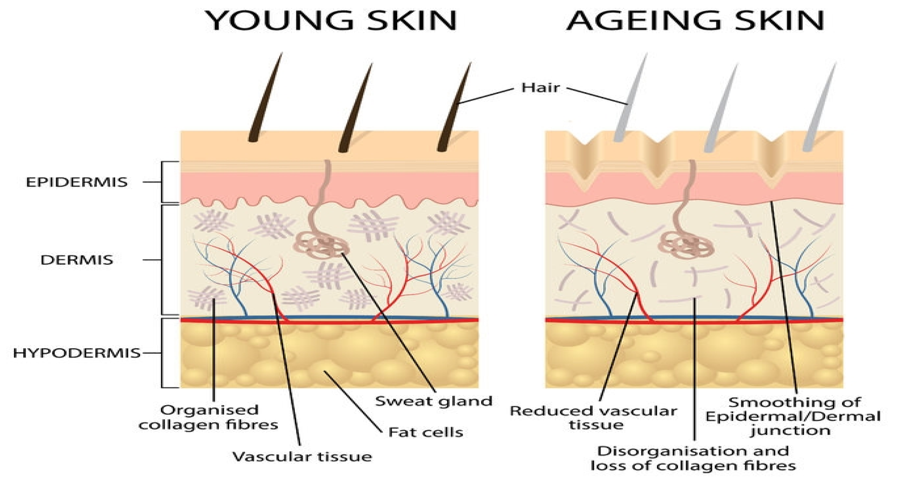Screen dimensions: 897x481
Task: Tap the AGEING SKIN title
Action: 695,21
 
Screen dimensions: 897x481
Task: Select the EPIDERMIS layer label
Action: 77,182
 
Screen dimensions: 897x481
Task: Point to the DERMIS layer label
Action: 77,260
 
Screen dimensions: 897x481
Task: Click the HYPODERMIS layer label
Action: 77,353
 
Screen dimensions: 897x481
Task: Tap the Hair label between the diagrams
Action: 540,88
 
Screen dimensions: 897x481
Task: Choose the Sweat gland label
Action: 434,401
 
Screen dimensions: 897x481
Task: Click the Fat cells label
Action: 426,432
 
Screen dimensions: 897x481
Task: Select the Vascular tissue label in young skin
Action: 302,457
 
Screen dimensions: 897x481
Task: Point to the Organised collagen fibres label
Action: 209,417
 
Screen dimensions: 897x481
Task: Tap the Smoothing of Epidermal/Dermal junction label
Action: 793,417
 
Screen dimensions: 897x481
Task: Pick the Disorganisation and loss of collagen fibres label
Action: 693,458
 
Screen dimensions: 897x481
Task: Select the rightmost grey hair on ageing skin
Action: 820,108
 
